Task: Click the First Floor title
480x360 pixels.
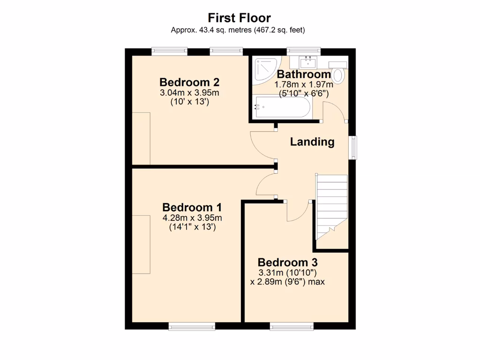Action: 240,18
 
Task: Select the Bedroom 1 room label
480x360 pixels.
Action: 192,207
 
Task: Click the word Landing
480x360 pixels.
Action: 312,142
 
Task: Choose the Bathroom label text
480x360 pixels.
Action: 304,74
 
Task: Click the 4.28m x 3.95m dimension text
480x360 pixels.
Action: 192,218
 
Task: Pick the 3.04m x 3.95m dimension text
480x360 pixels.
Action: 189,93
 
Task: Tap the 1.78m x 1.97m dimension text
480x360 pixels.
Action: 304,85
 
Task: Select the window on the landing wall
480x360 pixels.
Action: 353,148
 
